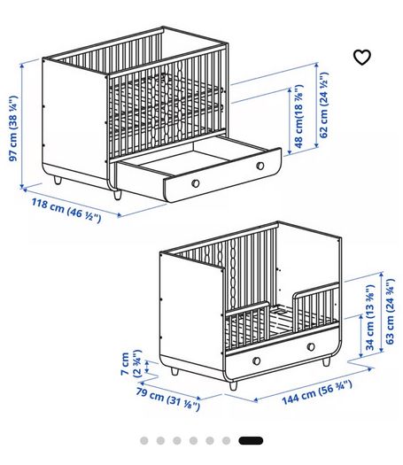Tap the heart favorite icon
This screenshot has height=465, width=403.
362,58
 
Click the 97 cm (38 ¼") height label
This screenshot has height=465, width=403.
13,128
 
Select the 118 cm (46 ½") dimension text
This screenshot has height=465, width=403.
66,211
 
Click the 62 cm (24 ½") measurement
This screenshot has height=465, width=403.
324,105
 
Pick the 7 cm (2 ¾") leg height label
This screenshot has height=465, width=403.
131,363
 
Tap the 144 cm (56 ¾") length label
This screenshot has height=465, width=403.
317,392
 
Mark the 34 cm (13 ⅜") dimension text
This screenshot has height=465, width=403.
369,317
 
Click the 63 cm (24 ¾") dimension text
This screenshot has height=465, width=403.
390,312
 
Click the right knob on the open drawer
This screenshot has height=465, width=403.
260,166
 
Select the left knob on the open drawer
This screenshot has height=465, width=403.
196,183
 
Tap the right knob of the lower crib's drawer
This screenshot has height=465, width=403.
311,346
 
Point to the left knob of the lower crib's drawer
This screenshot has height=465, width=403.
257,360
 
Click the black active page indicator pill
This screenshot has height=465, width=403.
251,441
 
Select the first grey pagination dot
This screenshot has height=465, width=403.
144,441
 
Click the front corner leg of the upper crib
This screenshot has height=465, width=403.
118,195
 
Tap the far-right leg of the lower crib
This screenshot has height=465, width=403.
326,361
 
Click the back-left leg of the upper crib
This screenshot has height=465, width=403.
58,180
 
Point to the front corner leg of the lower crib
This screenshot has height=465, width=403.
233,385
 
